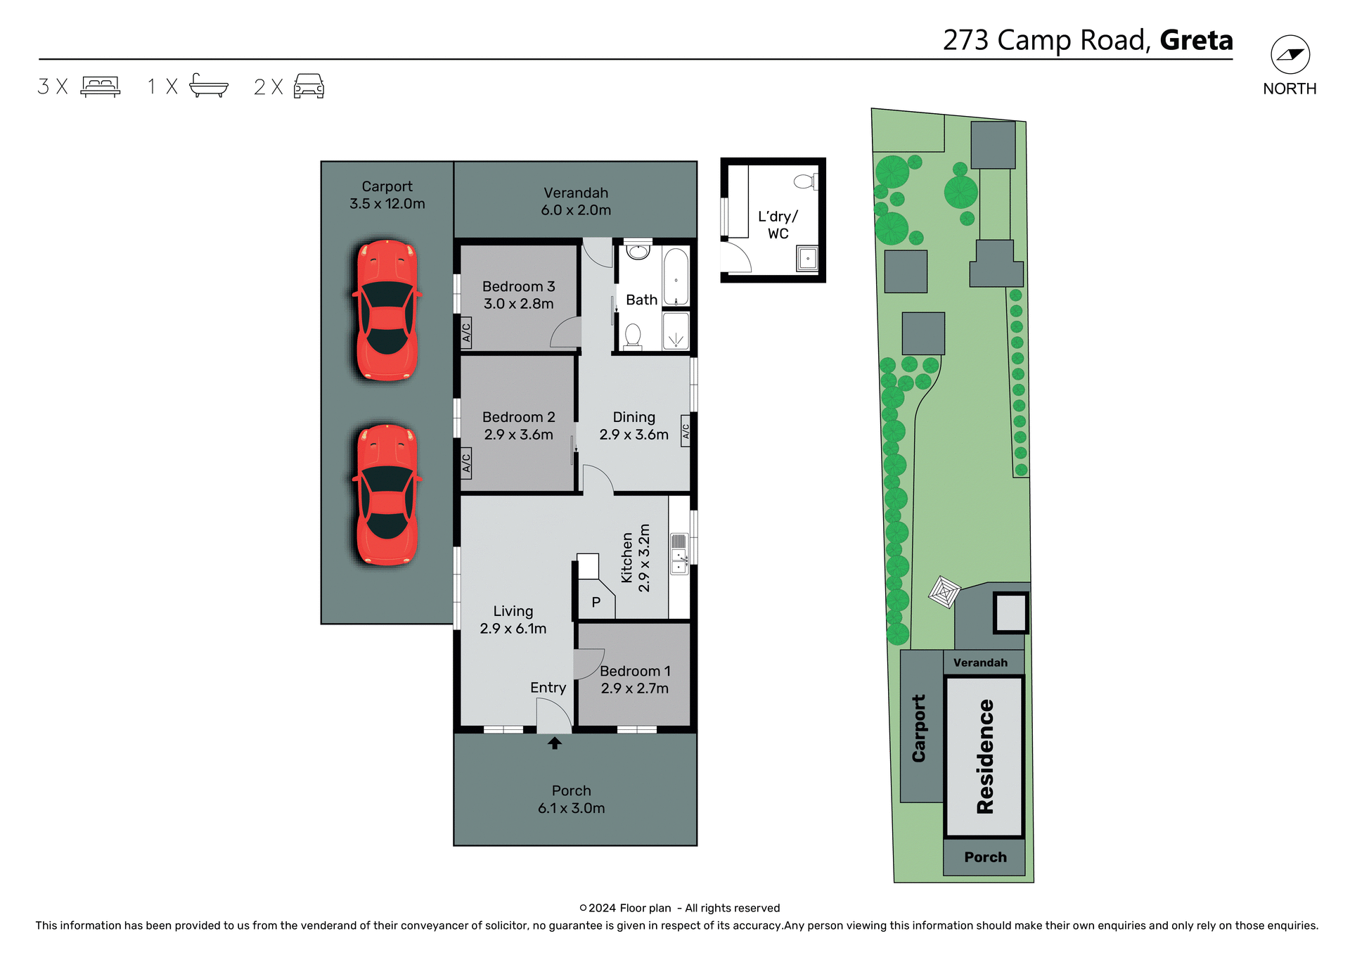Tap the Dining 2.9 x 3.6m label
pyautogui.click(x=634, y=425)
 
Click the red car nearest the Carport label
pyautogui.click(x=387, y=310)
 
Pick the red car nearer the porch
pyautogui.click(x=387, y=494)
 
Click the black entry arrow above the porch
pyautogui.click(x=554, y=743)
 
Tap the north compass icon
pyautogui.click(x=1290, y=55)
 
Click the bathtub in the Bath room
pyautogui.click(x=676, y=276)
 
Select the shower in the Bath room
pyautogui.click(x=676, y=332)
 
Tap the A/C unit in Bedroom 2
pyautogui.click(x=465, y=463)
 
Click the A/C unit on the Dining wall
pyautogui.click(x=686, y=431)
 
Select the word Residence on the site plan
pyautogui.click(x=985, y=756)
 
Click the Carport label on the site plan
pyautogui.click(x=918, y=728)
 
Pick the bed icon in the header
pyautogui.click(x=101, y=86)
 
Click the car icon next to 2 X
pyautogui.click(x=309, y=86)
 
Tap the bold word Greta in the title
pyautogui.click(x=1196, y=40)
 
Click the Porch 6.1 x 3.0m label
pyautogui.click(x=571, y=800)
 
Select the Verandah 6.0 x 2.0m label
pyautogui.click(x=575, y=201)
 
